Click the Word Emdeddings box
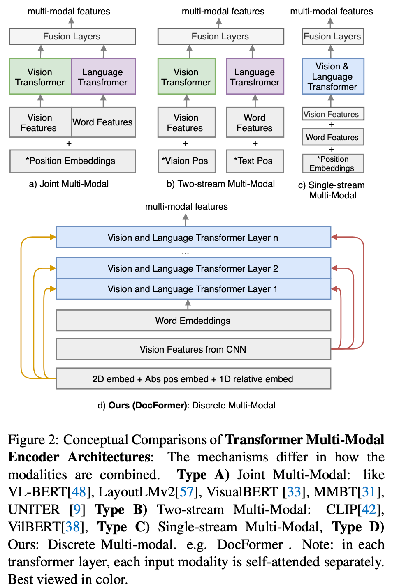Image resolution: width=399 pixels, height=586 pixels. coord(193,321)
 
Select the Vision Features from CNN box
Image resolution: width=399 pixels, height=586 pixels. coord(193,349)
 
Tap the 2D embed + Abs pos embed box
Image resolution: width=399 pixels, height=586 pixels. coord(193,379)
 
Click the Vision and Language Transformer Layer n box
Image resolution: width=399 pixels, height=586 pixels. coord(193,238)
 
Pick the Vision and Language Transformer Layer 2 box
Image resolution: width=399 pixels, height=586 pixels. coord(193,268)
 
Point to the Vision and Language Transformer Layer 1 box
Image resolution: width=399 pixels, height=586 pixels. coord(193,289)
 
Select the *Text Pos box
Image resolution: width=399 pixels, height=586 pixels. coord(254,161)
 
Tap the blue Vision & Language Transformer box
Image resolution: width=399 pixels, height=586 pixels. coord(332,76)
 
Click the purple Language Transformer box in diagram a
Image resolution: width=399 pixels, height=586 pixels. coord(103,77)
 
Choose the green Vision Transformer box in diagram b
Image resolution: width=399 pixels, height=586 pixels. coord(186,77)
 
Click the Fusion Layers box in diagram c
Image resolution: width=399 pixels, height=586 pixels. coord(332,37)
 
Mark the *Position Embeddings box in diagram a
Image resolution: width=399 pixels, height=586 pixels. coord(72,161)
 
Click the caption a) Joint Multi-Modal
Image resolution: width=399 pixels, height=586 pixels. coord(69,184)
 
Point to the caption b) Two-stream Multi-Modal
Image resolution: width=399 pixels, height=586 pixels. coord(221,184)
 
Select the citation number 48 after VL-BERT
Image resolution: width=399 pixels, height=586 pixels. coord(79,492)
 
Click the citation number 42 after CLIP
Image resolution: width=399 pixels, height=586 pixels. coord(369,510)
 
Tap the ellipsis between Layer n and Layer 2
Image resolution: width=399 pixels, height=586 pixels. coord(186,253)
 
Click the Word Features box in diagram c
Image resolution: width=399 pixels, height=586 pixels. coord(332,137)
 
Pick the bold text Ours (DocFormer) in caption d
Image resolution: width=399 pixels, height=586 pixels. coord(148,406)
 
